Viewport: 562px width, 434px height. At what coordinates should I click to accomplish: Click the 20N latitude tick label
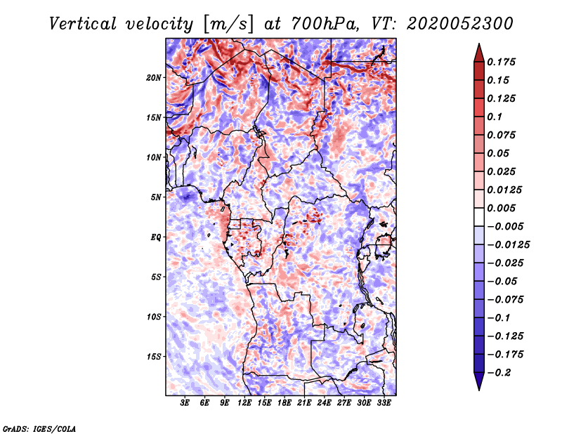pos(154,77)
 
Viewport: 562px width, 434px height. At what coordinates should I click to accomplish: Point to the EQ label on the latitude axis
pos(156,237)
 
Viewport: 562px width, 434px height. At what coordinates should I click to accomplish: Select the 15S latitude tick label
pos(154,357)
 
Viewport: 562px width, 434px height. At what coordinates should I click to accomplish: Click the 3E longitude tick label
pos(185,403)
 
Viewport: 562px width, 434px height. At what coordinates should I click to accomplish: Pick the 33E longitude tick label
pos(384,403)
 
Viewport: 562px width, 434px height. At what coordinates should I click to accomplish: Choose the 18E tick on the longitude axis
pos(285,403)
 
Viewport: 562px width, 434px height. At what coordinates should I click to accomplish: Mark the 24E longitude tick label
pos(325,403)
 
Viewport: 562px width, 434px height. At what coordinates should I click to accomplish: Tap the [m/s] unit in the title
pos(226,24)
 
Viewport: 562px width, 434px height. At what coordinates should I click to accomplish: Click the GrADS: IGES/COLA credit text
pos(39,428)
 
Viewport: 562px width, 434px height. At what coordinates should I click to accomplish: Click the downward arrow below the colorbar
pos(478,382)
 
